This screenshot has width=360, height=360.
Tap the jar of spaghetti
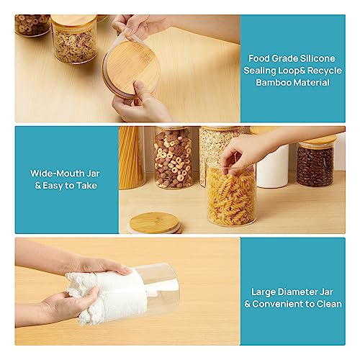click(132, 158)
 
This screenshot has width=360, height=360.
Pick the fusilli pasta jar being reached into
click(230, 196)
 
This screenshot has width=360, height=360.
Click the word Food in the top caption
click(261, 57)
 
